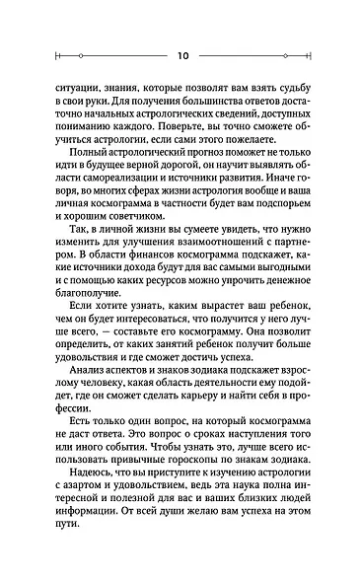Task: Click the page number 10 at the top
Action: click(180, 54)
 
